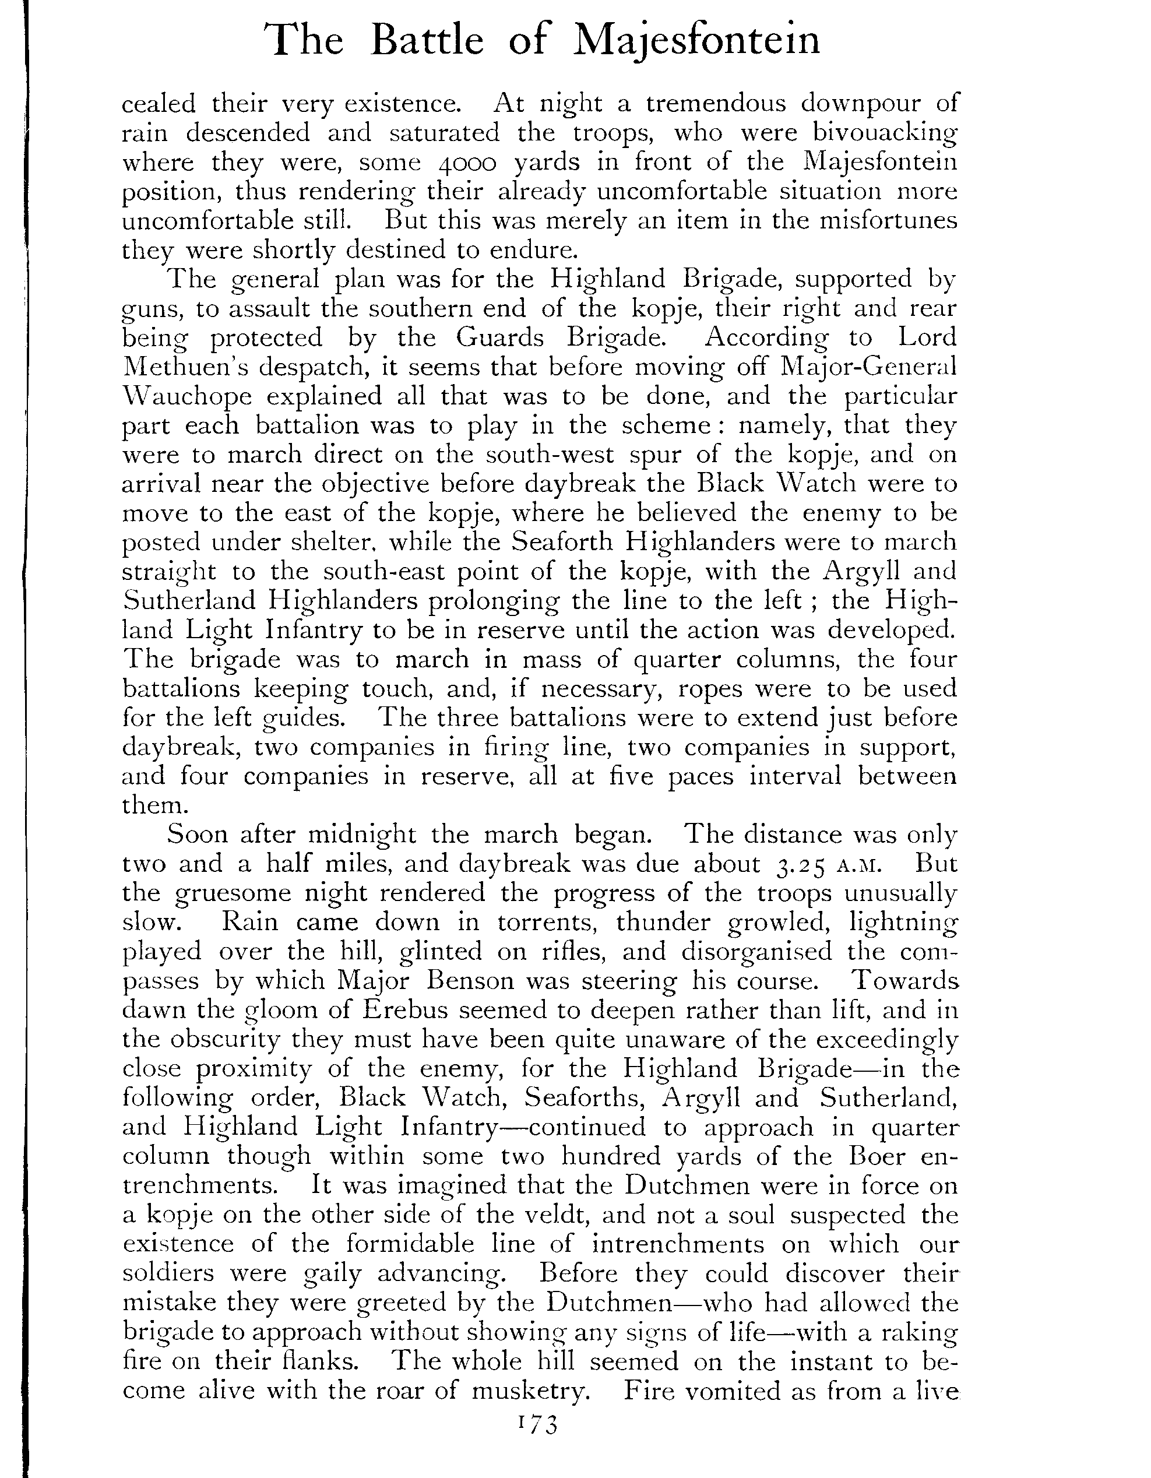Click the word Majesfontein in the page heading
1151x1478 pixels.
point(696,41)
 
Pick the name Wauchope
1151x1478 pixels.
point(188,396)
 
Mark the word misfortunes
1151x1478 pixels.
point(883,221)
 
